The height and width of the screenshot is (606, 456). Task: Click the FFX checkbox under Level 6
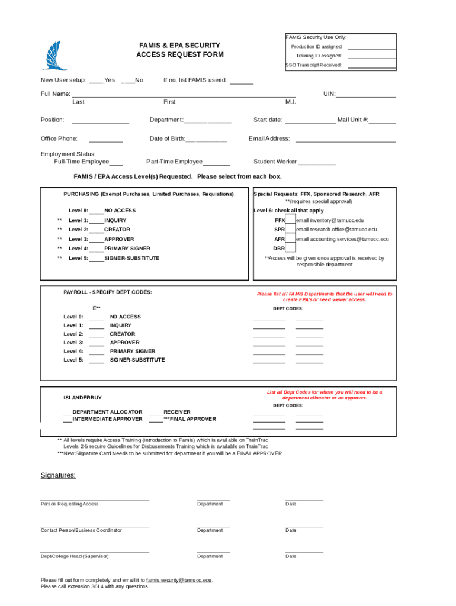click(x=290, y=220)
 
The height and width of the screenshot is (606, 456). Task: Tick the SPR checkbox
click(x=290, y=230)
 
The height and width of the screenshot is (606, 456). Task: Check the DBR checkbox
click(x=290, y=249)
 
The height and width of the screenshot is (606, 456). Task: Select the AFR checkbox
click(x=290, y=239)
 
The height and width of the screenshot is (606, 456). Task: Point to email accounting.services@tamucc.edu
click(x=342, y=239)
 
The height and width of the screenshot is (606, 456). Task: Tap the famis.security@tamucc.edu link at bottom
click(x=179, y=580)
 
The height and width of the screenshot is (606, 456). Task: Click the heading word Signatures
click(x=58, y=475)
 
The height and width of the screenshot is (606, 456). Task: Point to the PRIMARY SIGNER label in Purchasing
click(x=127, y=249)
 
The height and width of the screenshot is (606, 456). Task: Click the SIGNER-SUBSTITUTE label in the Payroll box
click(x=137, y=360)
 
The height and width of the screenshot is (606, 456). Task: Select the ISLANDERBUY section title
click(x=82, y=398)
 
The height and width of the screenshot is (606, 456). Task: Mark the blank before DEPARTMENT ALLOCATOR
click(x=67, y=412)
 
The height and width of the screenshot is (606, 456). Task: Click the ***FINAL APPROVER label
click(x=190, y=419)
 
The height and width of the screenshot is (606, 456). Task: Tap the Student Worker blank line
click(x=317, y=163)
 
